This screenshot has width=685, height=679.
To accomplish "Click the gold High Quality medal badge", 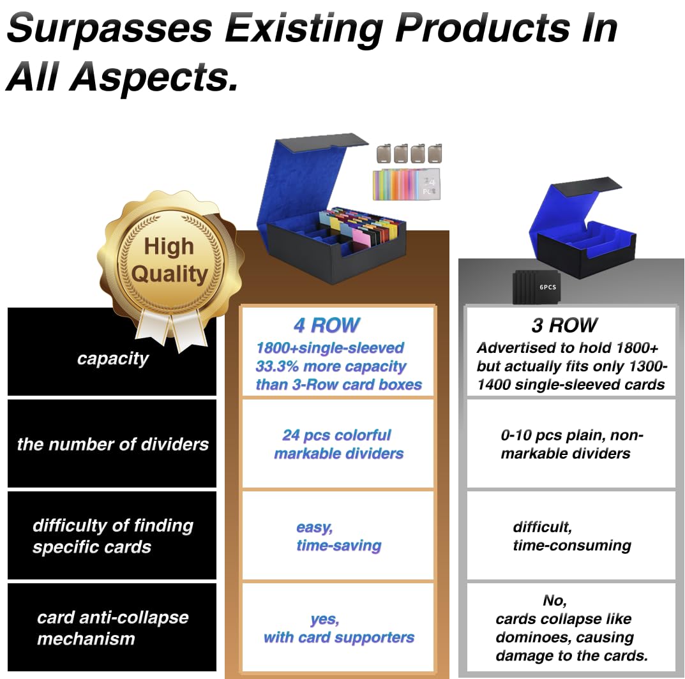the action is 170,262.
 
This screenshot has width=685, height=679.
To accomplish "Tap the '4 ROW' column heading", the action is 327,325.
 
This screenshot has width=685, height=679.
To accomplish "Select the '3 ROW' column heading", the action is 564,325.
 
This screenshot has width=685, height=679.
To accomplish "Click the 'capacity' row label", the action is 113,359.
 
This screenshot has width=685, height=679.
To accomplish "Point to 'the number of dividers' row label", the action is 113,444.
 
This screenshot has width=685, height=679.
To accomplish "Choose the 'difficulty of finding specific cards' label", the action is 113,536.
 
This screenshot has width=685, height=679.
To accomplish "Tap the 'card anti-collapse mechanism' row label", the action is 113,627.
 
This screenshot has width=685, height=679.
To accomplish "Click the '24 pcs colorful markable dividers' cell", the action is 338,444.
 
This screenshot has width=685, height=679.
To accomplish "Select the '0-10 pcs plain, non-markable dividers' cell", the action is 571,444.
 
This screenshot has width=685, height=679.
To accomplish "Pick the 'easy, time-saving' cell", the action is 338,536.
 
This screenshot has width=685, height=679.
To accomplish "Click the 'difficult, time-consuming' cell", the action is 571,536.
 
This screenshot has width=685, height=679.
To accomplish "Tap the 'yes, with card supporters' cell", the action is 338,628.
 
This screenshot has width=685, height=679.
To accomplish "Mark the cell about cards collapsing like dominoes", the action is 571,628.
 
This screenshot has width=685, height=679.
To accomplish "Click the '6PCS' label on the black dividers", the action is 547,287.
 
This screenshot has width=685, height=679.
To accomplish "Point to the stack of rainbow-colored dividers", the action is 406,184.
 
